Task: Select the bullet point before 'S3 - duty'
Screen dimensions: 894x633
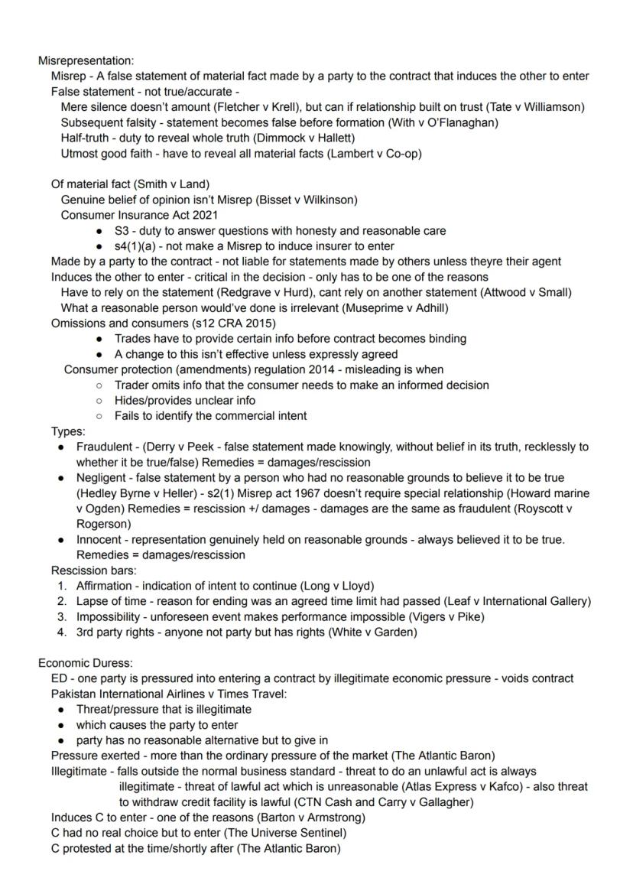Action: (100, 231)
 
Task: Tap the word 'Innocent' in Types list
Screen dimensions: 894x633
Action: (99, 539)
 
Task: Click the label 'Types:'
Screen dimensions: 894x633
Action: (68, 431)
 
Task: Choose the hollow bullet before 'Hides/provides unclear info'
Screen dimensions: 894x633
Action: (99, 401)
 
